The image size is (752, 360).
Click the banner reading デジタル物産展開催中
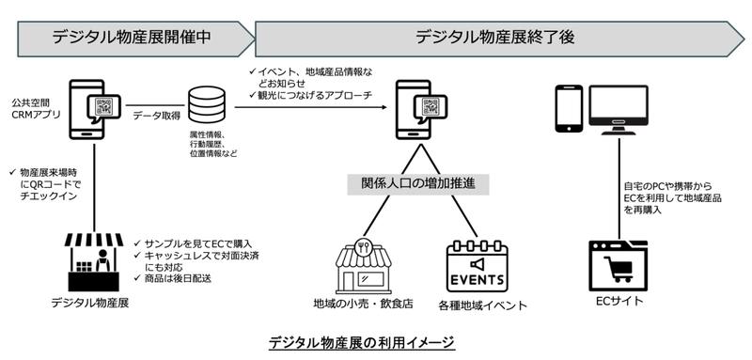[130, 38]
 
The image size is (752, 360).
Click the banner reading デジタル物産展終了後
[493, 38]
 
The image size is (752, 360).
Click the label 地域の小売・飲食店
[361, 305]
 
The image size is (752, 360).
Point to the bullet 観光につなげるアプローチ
[314, 96]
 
